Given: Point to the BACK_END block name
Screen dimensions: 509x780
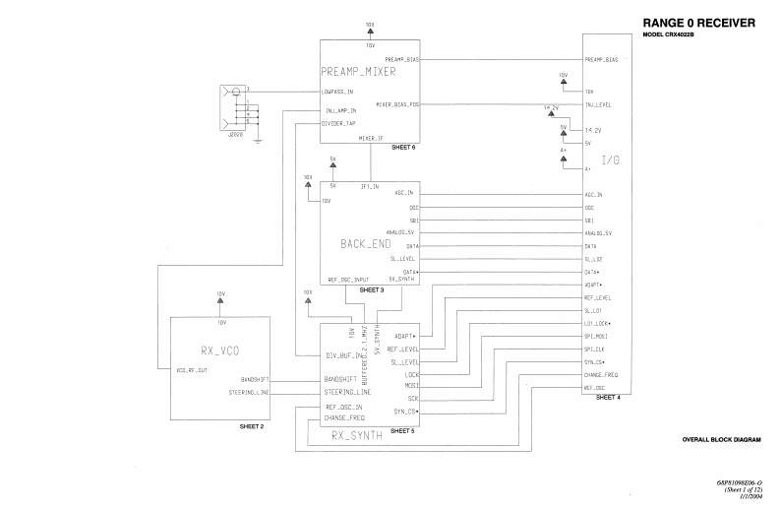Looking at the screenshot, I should pyautogui.click(x=365, y=242).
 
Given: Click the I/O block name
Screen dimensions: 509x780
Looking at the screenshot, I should pyautogui.click(x=610, y=159).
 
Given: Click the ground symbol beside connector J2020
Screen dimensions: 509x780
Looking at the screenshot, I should pyautogui.click(x=257, y=140).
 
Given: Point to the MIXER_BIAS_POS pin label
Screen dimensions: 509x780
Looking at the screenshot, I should pyautogui.click(x=398, y=104).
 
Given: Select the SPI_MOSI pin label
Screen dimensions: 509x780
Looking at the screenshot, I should pyautogui.click(x=597, y=336).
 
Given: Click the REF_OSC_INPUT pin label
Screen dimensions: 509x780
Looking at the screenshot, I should pyautogui.click(x=348, y=280).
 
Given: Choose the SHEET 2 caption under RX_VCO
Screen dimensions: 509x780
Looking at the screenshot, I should pyautogui.click(x=252, y=427).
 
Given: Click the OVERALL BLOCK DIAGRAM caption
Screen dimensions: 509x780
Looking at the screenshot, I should pyautogui.click(x=721, y=438).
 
